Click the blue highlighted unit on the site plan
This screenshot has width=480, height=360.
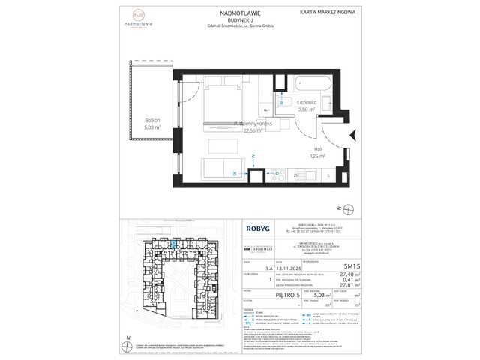pos(174,242)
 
